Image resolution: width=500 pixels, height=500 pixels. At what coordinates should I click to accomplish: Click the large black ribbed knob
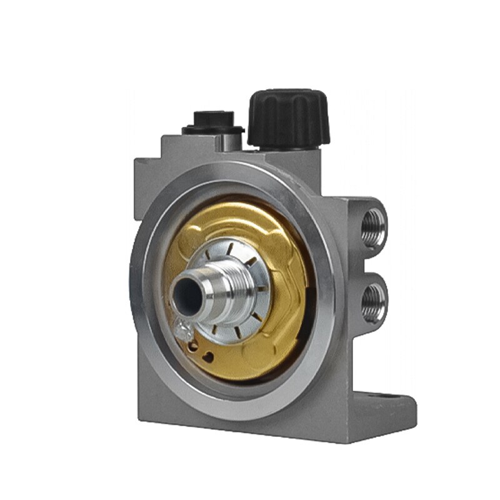[x=287, y=118]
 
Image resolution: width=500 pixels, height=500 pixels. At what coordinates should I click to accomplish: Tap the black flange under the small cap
[x=212, y=130]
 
